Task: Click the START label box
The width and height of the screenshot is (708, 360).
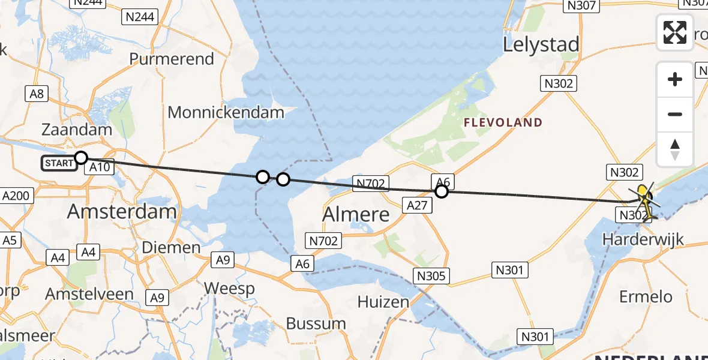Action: pyautogui.click(x=59, y=163)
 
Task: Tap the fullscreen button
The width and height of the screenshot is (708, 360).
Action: pyautogui.click(x=675, y=32)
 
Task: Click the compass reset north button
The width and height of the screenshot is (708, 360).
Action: pyautogui.click(x=675, y=149)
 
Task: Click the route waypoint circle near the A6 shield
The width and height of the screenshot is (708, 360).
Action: pyautogui.click(x=442, y=191)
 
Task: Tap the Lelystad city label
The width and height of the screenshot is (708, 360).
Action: pyautogui.click(x=542, y=45)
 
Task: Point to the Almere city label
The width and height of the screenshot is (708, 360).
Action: pyautogui.click(x=356, y=214)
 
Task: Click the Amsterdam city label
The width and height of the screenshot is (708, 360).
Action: pyautogui.click(x=122, y=211)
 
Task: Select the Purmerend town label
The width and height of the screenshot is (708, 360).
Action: pyautogui.click(x=172, y=59)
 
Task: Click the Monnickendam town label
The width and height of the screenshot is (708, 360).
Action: pyautogui.click(x=226, y=112)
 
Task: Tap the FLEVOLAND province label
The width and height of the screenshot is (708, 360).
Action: pyautogui.click(x=503, y=122)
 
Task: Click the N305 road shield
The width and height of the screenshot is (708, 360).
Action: pyautogui.click(x=431, y=276)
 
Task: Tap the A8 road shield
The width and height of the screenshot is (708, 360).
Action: pyautogui.click(x=37, y=94)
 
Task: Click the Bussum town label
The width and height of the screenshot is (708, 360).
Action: pyautogui.click(x=316, y=323)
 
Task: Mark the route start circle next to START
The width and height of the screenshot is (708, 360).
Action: pyautogui.click(x=81, y=158)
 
